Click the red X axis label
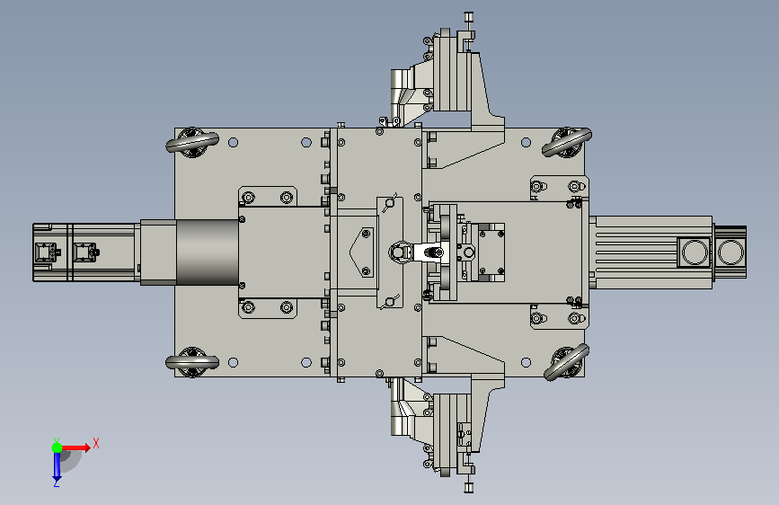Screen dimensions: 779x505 pyautogui.click(x=96, y=443)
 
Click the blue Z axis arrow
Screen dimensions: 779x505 pyautogui.click(x=57, y=465)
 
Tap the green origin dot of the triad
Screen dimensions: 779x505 pyautogui.click(x=57, y=447)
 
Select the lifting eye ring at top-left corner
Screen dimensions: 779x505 pyautogui.click(x=192, y=142)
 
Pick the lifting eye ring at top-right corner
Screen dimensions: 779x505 pyautogui.click(x=566, y=142)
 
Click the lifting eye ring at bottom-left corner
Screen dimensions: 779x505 pyautogui.click(x=192, y=362)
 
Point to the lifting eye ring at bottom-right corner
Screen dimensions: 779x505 pyautogui.click(x=566, y=362)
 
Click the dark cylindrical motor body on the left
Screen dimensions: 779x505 pyautogui.click(x=208, y=252)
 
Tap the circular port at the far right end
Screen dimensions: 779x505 pyautogui.click(x=730, y=252)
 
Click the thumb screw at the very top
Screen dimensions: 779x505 pyautogui.click(x=468, y=18)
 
